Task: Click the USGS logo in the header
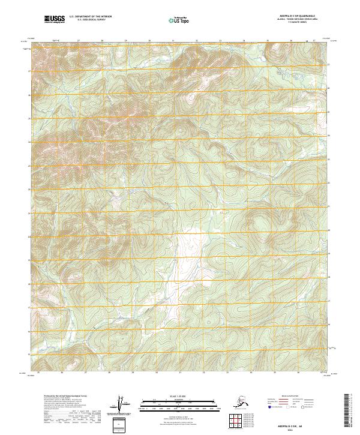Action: point(55,20)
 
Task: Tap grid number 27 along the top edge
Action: point(79,41)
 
